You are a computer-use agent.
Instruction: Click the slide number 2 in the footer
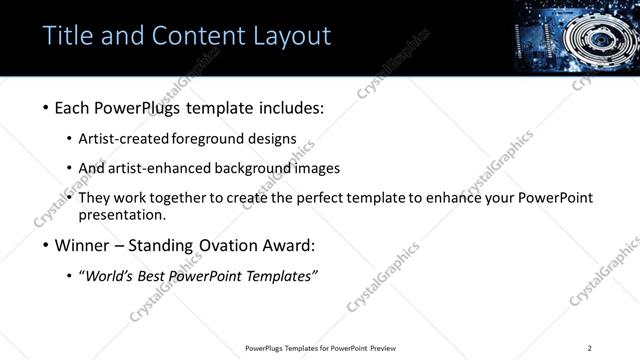click(x=589, y=348)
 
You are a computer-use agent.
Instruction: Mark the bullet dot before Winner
click(x=46, y=245)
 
